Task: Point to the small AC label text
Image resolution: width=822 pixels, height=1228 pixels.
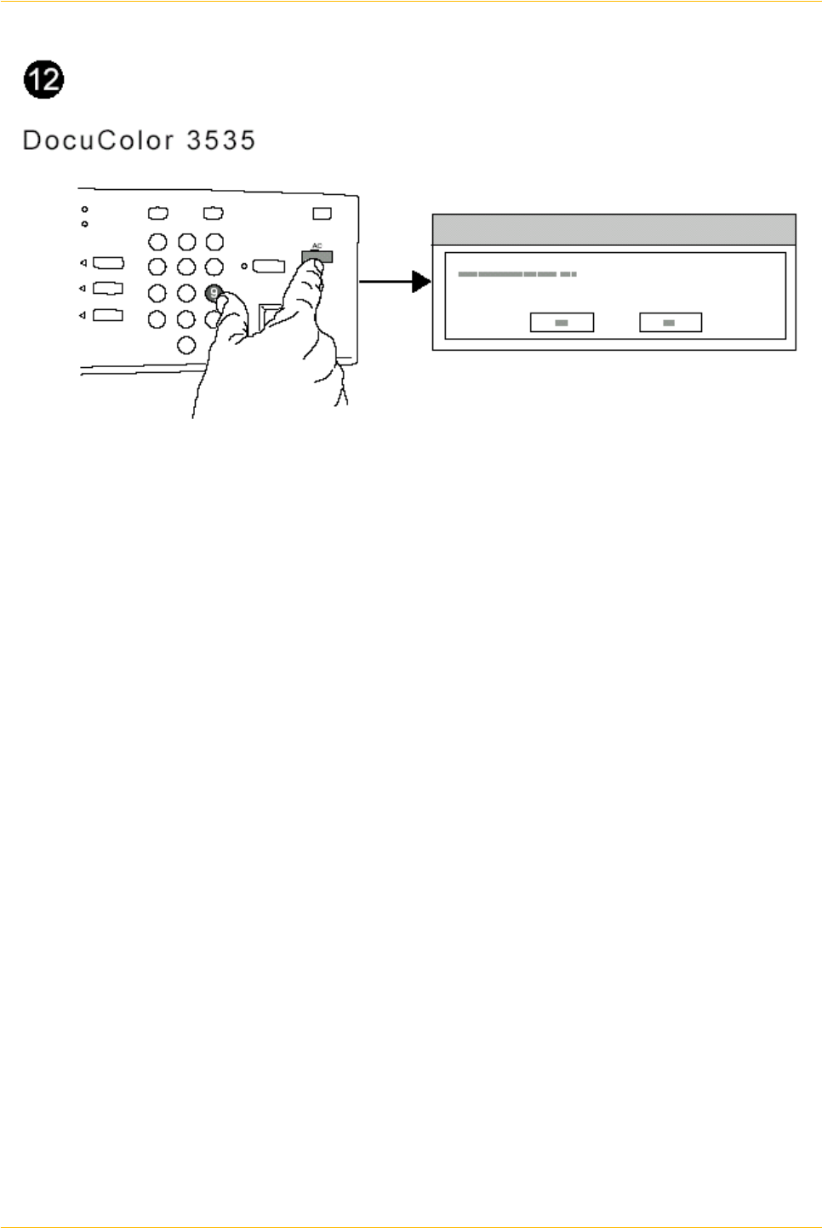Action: [317, 246]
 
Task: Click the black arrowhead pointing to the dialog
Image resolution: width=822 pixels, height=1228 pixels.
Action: [421, 281]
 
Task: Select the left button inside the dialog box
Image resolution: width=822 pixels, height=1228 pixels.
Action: [562, 323]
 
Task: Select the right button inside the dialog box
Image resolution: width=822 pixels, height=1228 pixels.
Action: [670, 323]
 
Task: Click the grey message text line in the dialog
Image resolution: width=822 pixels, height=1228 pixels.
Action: [517, 274]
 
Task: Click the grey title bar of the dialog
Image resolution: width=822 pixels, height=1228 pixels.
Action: [614, 230]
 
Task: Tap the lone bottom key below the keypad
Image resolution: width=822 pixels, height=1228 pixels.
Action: [186, 346]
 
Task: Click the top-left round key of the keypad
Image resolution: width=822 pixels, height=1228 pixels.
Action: [157, 241]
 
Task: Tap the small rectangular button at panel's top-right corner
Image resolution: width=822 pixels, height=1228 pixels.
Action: [322, 214]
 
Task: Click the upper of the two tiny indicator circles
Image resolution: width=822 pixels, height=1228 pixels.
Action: [84, 209]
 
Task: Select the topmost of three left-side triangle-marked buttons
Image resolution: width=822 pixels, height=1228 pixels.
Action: [108, 263]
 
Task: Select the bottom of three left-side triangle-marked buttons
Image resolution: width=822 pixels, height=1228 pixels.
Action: [108, 315]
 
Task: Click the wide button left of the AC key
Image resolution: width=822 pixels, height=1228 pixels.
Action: [268, 266]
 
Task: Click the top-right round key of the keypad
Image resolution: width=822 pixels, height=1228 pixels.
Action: [214, 241]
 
